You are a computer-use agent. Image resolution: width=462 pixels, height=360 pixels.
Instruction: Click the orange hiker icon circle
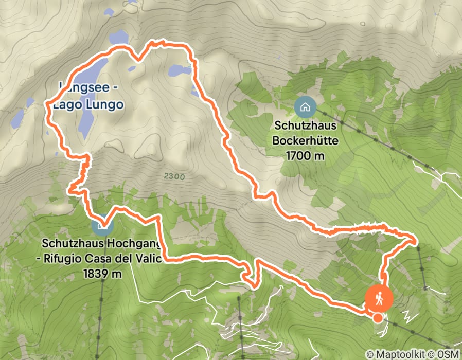click(x=379, y=298)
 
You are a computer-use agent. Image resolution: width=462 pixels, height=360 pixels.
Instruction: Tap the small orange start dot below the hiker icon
click(x=378, y=317)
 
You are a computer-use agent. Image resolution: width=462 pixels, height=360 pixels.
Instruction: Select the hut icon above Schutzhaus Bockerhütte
click(x=306, y=107)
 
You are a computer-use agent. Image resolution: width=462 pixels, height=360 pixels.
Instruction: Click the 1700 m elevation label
click(x=306, y=155)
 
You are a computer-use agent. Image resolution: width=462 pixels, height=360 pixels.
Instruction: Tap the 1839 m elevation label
click(x=102, y=274)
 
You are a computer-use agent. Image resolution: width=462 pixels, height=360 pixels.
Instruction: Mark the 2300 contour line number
click(x=174, y=176)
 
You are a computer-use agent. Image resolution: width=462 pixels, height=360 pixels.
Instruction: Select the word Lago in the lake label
click(x=70, y=105)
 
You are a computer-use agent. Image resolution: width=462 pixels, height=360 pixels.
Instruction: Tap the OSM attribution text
click(x=448, y=354)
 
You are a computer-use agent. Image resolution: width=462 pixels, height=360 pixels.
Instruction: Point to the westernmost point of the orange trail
click(x=47, y=105)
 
